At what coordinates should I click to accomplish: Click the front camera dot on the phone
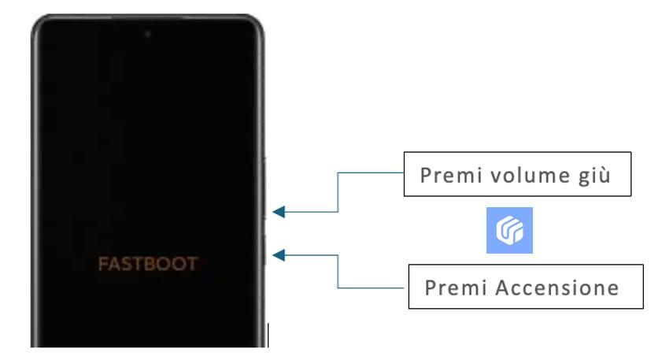click(x=147, y=34)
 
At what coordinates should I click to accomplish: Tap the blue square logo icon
click(x=509, y=231)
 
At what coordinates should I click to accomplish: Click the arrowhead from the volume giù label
click(x=279, y=211)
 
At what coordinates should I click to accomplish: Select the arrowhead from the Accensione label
click(x=279, y=254)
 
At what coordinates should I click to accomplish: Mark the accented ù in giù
click(x=608, y=175)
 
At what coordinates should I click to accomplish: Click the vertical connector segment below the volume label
click(x=338, y=193)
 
